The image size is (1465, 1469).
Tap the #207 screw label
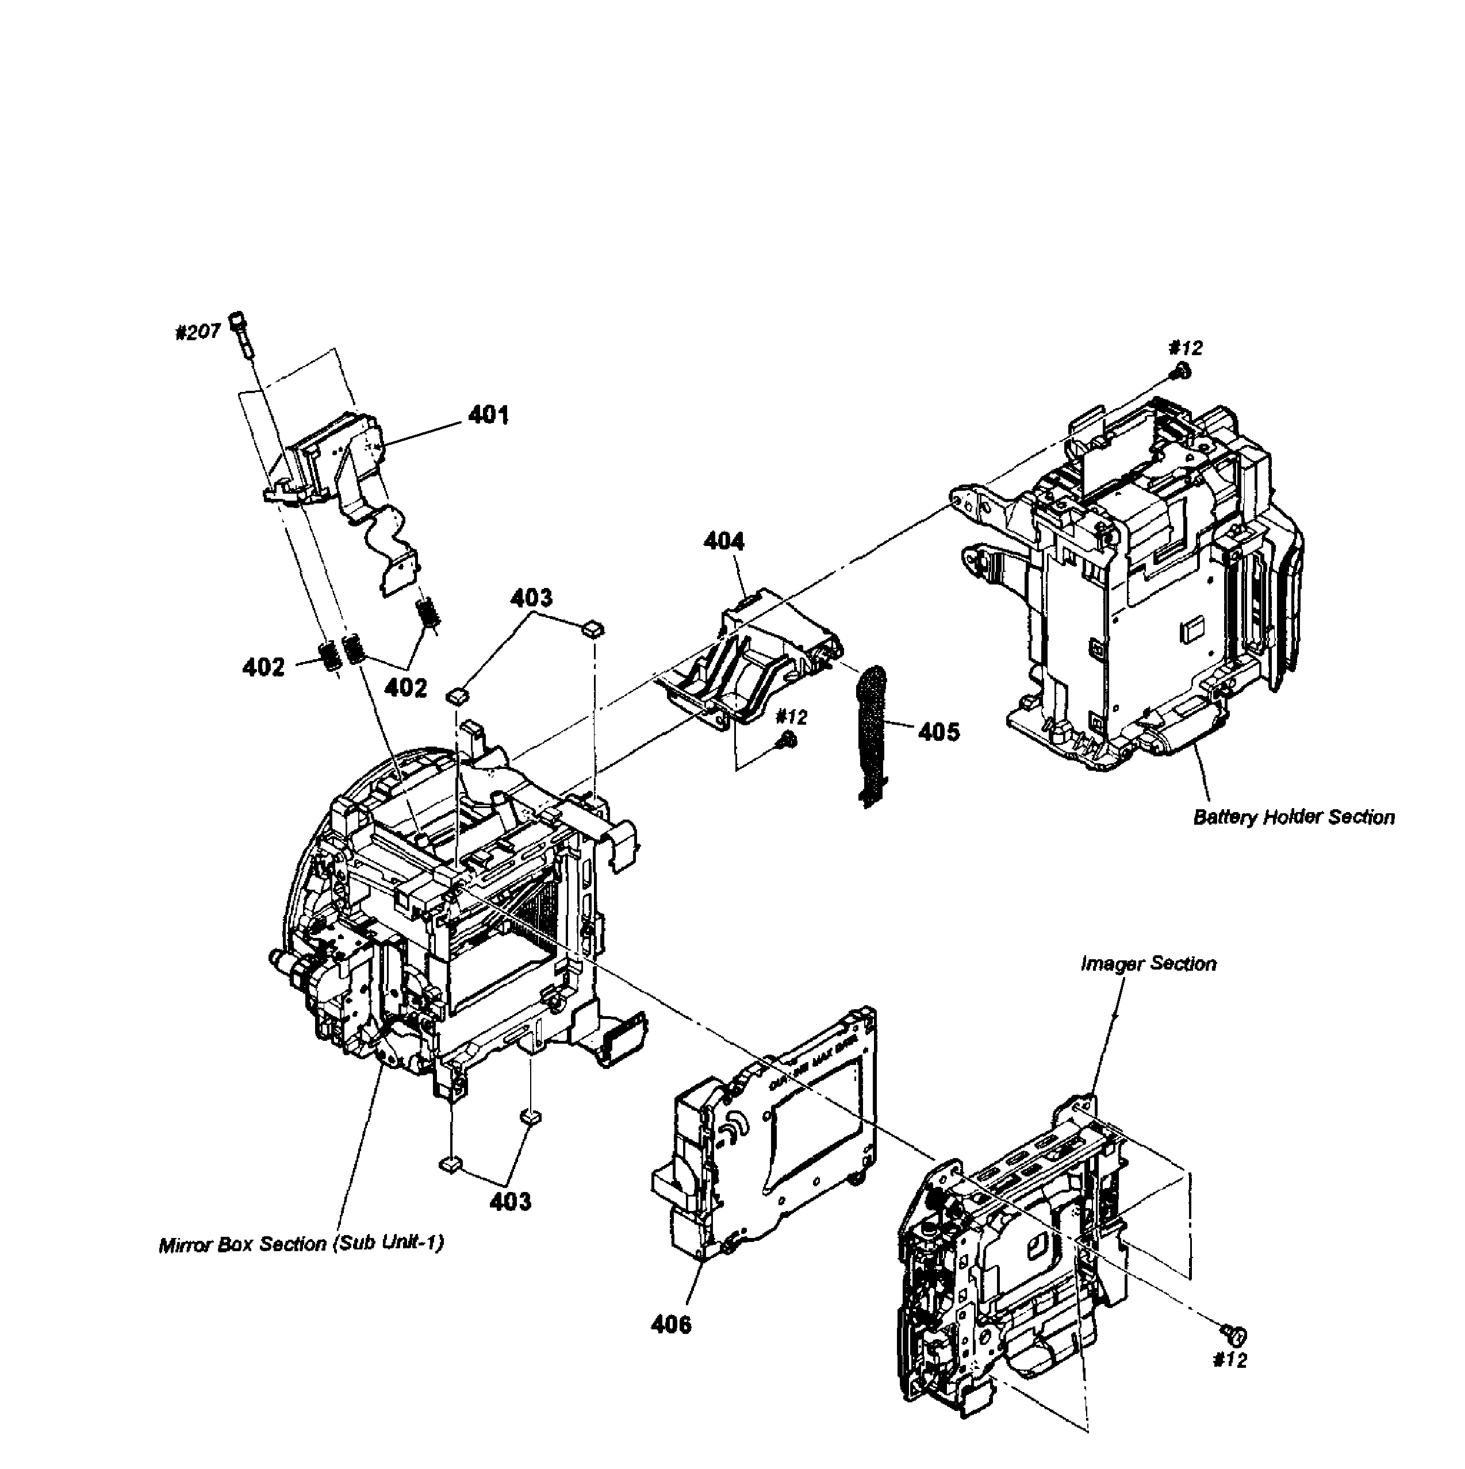(198, 332)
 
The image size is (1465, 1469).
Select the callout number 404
(723, 541)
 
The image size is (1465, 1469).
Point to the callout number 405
(939, 732)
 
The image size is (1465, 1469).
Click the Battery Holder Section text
(1293, 817)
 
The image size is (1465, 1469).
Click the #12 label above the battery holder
(1185, 348)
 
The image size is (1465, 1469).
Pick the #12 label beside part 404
(791, 717)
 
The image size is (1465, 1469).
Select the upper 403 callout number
(531, 598)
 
